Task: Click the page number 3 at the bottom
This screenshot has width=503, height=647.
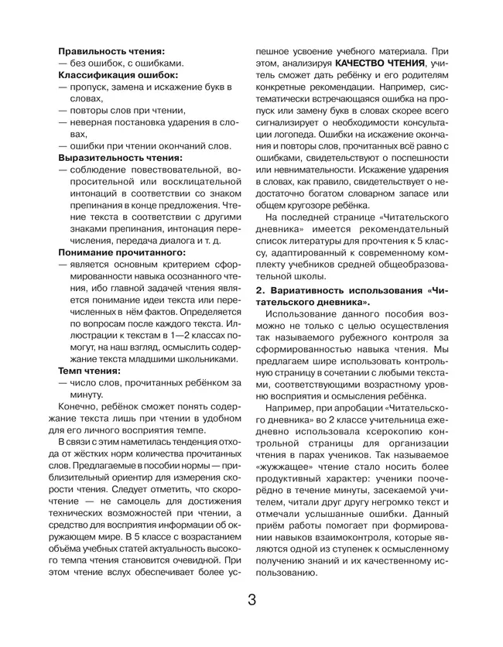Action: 251,601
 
